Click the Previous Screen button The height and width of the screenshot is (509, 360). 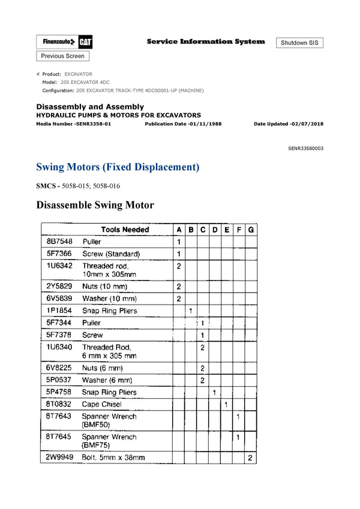pos(63,56)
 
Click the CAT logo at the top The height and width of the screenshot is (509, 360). pos(85,43)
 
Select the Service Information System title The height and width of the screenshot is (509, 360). pos(205,41)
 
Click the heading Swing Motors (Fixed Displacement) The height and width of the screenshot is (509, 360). pos(118,167)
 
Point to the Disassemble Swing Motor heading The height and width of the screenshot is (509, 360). pos(95,205)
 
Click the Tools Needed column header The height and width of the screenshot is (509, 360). pos(125,230)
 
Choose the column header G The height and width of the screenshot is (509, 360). pos(251,230)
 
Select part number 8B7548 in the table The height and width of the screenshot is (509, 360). pos(59,242)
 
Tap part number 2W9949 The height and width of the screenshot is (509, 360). pos(59,457)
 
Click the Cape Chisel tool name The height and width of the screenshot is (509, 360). pos(101,404)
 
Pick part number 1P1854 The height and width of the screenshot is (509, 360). pos(59,311)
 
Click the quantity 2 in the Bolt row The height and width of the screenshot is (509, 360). pos(251,457)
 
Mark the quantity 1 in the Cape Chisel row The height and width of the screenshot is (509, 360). pos(226,404)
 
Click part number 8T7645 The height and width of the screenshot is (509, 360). pos(59,437)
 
